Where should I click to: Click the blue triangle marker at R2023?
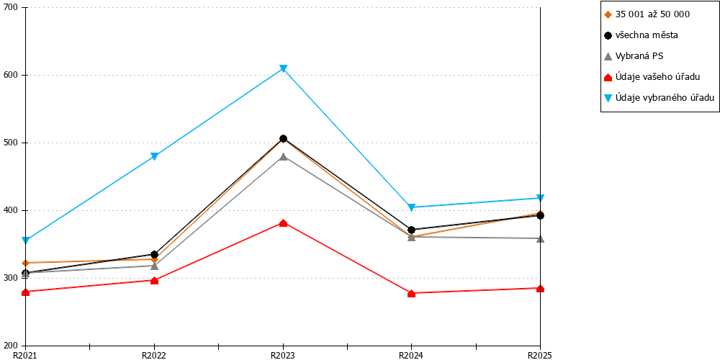[x=283, y=69]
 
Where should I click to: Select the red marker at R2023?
[x=283, y=223]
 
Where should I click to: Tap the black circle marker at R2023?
[x=283, y=139]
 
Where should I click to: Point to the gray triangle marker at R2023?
[x=283, y=156]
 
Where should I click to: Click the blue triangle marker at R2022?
[x=155, y=156]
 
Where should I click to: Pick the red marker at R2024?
[x=411, y=294]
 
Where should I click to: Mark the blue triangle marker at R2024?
[x=411, y=207]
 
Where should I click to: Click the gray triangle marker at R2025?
[x=541, y=238]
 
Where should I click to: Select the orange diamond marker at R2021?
[x=26, y=263]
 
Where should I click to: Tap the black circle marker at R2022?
[x=155, y=254]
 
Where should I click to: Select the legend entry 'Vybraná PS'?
[x=634, y=56]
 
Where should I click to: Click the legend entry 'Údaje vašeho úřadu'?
[x=652, y=77]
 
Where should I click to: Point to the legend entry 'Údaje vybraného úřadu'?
[x=660, y=98]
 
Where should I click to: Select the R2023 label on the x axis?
[x=283, y=355]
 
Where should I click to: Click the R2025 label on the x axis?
[x=540, y=355]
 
